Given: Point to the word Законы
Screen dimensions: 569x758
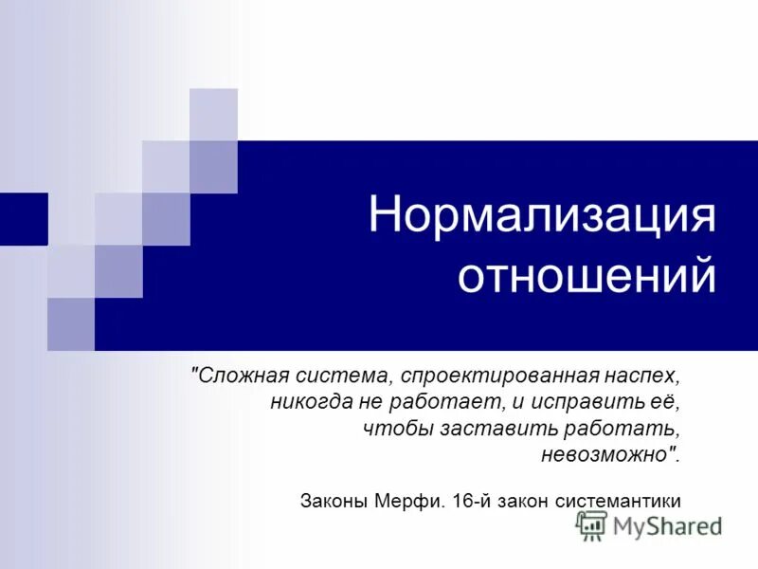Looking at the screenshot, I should point(334,500).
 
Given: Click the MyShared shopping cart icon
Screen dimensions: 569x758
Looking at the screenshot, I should point(591,525).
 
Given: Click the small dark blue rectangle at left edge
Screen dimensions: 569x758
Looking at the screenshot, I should point(23,218).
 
